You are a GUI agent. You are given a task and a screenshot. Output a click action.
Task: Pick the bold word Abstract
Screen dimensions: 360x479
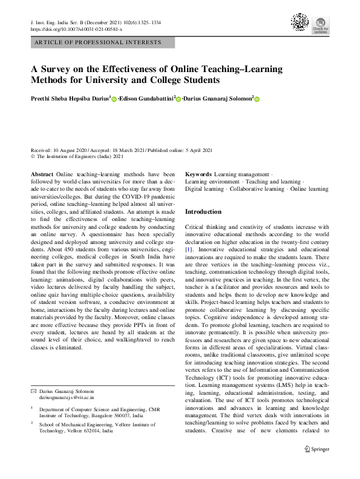(x=42, y=174)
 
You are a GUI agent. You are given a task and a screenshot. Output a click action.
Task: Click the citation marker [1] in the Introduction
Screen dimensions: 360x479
(x=189, y=249)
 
